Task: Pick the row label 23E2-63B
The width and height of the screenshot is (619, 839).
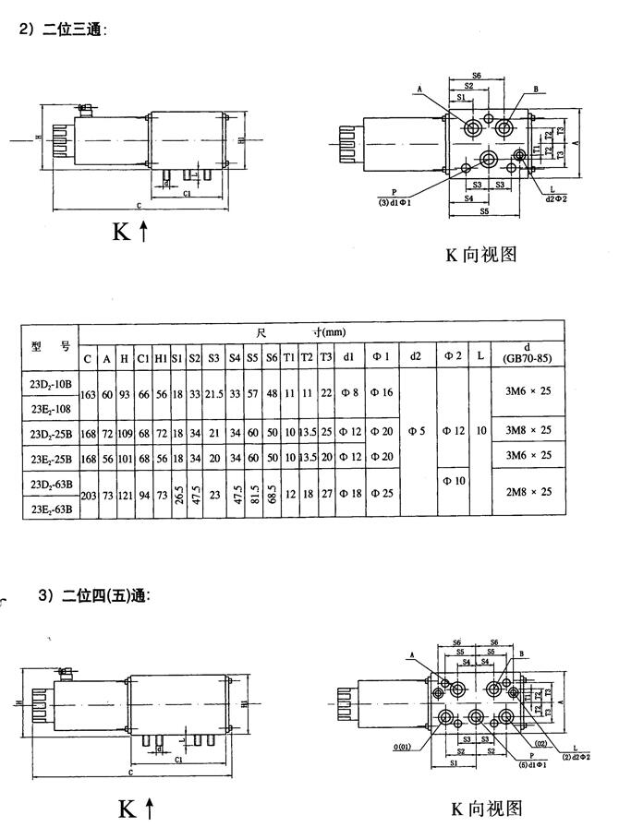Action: pos(48,506)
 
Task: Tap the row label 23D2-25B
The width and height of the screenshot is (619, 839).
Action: pos(48,432)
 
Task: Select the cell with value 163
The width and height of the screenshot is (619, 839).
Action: pos(89,393)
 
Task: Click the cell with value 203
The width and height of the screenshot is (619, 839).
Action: pos(89,493)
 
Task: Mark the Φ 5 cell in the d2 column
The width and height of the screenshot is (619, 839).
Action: pos(418,432)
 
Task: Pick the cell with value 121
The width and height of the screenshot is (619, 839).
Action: pos(125,493)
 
